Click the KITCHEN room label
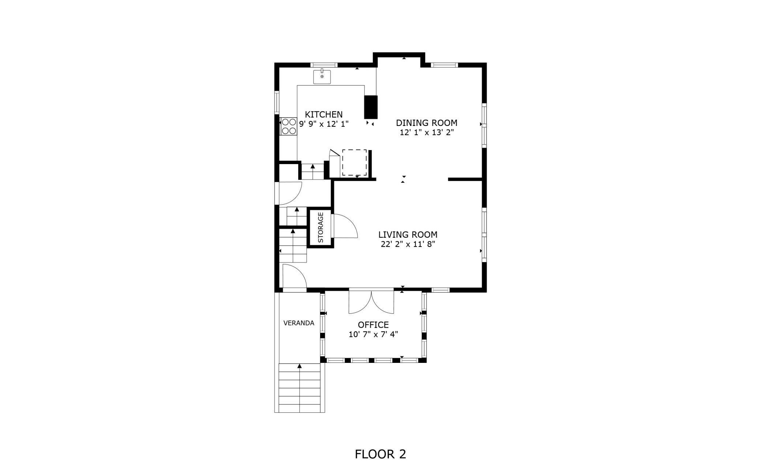324,115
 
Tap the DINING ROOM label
427,123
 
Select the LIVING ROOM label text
408,235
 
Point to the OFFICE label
373,325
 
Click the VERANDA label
299,323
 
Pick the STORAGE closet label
321,227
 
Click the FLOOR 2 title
380,454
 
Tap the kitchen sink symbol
322,77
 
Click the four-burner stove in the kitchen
289,126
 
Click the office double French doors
371,301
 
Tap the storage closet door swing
344,226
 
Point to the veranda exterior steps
300,388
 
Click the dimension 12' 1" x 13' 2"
427,133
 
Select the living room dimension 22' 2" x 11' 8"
408,244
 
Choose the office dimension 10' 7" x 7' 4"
373,334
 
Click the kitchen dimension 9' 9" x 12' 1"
324,124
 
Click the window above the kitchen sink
324,65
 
